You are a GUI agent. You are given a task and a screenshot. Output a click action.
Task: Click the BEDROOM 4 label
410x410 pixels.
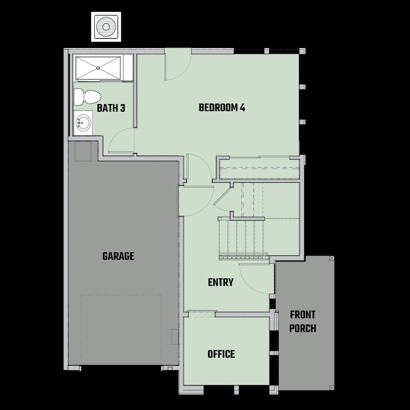click(x=222, y=108)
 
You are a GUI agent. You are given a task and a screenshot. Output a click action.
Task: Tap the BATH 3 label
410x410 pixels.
click(x=111, y=108)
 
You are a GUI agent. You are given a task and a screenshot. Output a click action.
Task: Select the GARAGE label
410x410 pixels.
click(x=118, y=256)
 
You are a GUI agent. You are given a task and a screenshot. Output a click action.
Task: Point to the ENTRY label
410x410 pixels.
click(x=221, y=282)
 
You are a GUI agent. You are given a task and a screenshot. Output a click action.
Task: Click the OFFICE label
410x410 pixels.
click(x=221, y=354)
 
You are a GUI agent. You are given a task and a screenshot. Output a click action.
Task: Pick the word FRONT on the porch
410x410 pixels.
click(x=303, y=315)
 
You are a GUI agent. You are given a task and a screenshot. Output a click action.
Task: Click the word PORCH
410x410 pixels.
click(x=303, y=329)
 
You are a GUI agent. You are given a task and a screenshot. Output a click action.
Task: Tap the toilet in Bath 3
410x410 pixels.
click(x=87, y=97)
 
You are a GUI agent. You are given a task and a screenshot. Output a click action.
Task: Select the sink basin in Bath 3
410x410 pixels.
click(x=84, y=122)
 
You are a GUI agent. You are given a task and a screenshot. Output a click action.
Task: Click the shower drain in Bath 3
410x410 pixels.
click(x=98, y=68)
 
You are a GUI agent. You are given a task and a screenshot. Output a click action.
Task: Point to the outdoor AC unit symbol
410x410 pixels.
click(x=106, y=27)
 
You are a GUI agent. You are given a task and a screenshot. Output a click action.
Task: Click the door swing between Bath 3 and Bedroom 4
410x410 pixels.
click(x=121, y=140)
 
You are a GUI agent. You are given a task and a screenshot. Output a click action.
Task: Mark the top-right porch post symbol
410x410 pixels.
click(x=332, y=258)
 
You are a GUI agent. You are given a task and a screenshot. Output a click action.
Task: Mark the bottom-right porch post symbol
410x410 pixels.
click(x=332, y=388)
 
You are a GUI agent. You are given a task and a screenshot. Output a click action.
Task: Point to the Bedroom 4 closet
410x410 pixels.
click(x=259, y=169)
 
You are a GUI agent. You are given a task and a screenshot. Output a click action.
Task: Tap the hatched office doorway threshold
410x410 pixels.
click(x=202, y=314)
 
